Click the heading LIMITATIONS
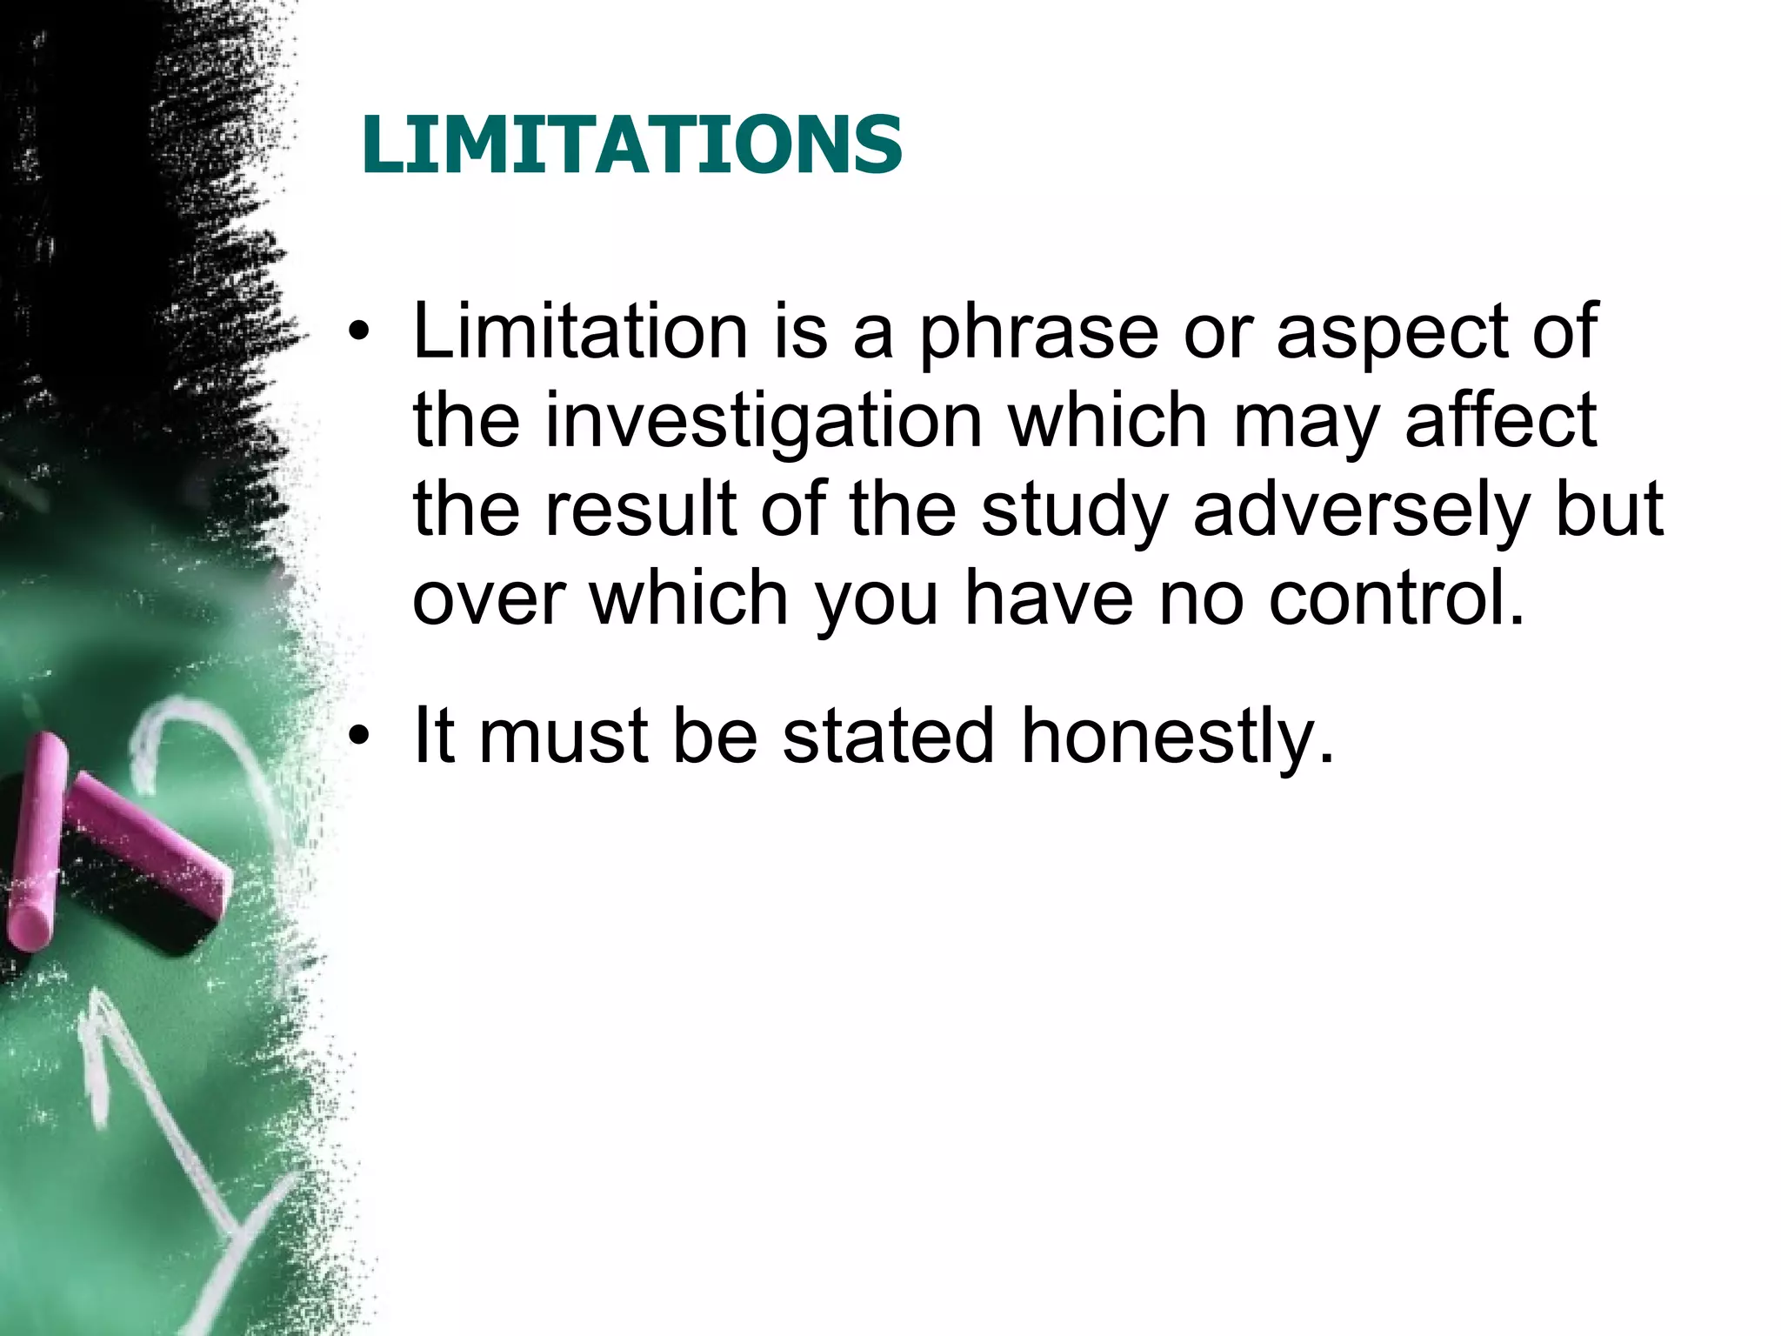tap(632, 144)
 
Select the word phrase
tap(1039, 333)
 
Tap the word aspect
tap(1391, 333)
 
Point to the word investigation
tap(764, 423)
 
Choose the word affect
tap(1501, 421)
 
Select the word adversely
tap(1360, 511)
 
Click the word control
tap(1397, 598)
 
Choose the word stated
tap(888, 736)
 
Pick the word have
tap(1049, 598)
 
